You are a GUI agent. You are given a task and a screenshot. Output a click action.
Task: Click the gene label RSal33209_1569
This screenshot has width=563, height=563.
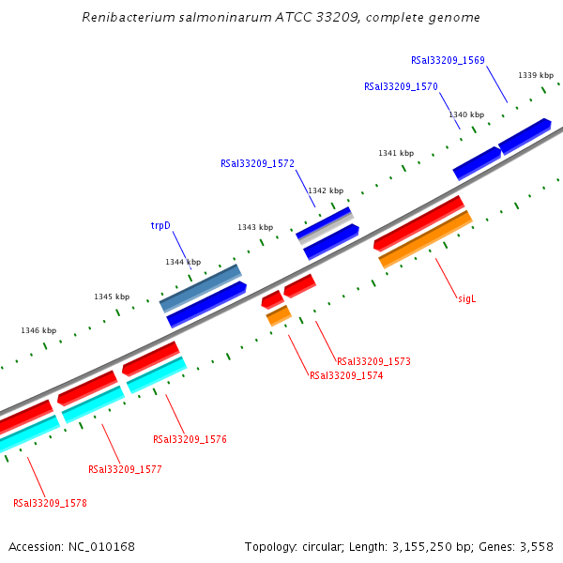coord(448,60)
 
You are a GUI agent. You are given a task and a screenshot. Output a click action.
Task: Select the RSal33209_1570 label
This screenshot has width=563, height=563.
coord(401,86)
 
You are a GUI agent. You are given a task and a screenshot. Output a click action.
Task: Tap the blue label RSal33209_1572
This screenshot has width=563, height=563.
coord(257,163)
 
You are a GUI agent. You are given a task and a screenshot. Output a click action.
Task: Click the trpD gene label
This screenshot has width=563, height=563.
coord(160,226)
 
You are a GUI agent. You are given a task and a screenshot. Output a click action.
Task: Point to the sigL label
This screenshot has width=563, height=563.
coord(467,298)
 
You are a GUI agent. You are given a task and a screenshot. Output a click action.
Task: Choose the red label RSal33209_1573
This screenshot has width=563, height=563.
coord(373,361)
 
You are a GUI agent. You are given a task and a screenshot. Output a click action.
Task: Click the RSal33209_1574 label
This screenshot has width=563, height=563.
coord(346,375)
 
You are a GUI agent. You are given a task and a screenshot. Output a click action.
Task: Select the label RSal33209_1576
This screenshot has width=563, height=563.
coord(190,439)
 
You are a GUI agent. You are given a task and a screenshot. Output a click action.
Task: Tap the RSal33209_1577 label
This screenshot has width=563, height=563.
coord(125,469)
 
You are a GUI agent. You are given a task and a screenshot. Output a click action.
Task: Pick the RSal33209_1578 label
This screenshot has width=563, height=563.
coord(50,503)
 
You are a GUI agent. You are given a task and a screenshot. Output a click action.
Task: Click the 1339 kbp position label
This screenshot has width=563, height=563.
coord(535,75)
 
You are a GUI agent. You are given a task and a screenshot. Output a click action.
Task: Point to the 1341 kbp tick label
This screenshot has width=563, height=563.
coord(396,153)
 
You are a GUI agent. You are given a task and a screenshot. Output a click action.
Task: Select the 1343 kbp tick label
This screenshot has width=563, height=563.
coord(255,227)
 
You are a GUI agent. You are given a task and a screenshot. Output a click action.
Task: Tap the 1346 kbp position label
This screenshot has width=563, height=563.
coord(38,330)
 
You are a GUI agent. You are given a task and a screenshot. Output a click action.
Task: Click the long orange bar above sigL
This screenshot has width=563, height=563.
coord(425,239)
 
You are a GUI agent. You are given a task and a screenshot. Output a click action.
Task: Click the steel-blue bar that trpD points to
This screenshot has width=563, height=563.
coord(200,287)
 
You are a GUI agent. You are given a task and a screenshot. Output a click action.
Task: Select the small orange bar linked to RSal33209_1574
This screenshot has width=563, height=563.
coord(279,315)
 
